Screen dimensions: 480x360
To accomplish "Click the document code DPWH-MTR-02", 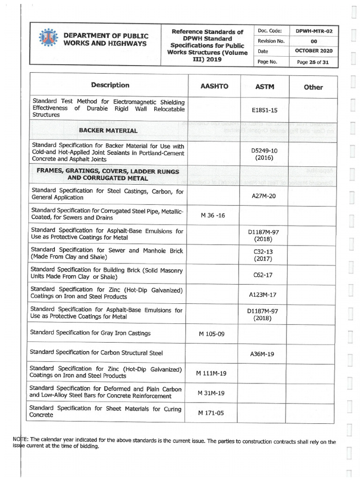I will (x=314, y=31).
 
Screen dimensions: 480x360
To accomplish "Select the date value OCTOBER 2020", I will (x=314, y=51).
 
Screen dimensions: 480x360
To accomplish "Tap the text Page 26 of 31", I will (x=313, y=61).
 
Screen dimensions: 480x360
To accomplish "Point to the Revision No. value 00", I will (x=314, y=41).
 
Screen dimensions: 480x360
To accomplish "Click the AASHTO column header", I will (x=214, y=87).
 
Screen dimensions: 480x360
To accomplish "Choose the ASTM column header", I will (x=264, y=87).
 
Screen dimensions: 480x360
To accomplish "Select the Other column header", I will (x=313, y=87).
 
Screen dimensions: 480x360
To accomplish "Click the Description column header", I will (x=110, y=85).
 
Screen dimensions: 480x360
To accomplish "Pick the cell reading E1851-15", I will (x=264, y=110).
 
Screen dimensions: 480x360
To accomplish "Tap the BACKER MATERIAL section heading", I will (x=108, y=131).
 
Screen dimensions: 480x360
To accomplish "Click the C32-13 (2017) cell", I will (x=263, y=255).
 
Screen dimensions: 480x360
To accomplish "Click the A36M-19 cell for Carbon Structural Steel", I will (x=264, y=354).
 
